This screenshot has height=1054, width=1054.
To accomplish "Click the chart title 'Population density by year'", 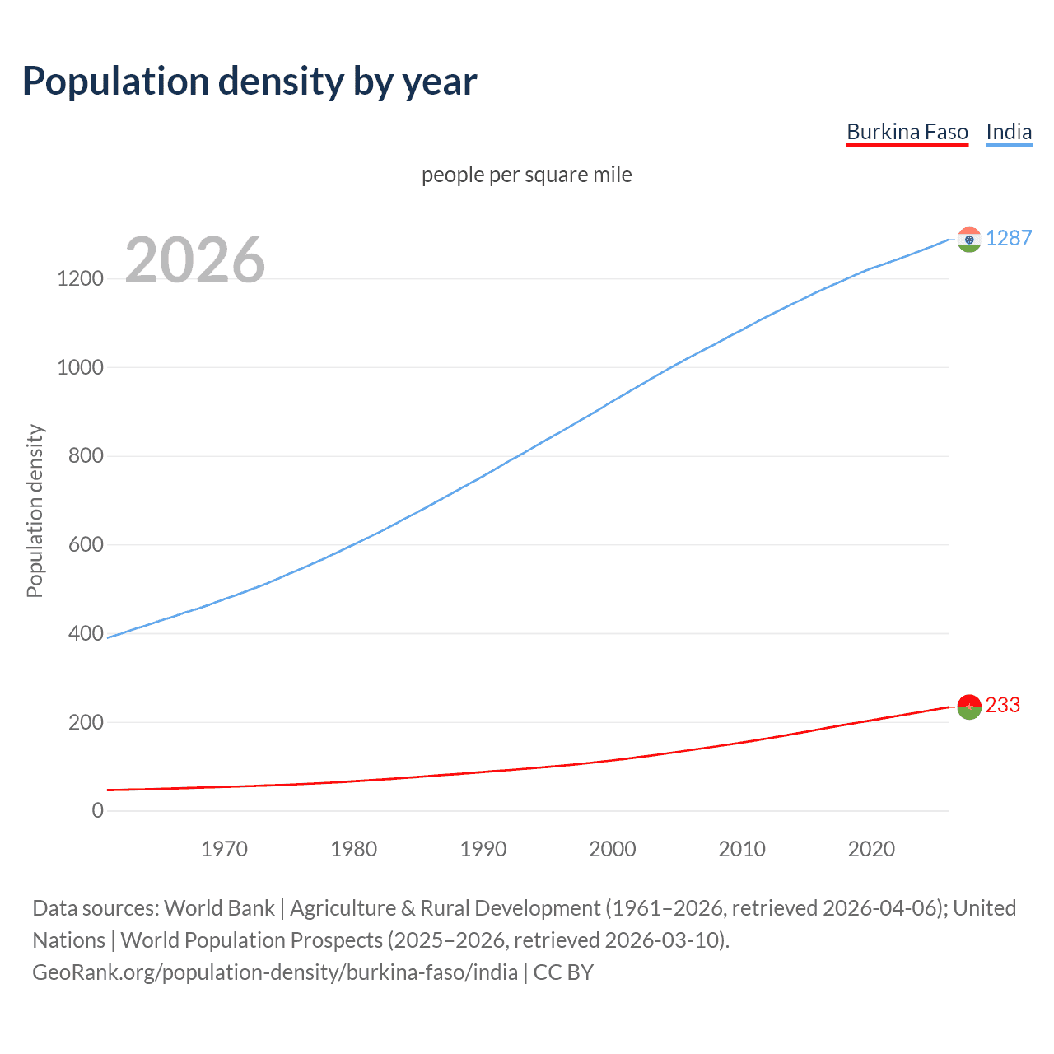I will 250,82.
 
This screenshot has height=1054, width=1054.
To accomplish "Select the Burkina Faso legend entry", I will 907,132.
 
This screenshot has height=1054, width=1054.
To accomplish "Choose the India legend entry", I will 1008,132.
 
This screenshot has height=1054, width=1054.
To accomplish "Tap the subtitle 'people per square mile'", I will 526,175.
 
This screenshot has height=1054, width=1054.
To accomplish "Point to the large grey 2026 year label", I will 195,260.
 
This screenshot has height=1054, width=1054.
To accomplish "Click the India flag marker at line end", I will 969,240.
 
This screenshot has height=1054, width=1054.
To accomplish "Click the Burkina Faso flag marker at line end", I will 969,706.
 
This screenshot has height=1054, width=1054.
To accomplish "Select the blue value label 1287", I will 1008,238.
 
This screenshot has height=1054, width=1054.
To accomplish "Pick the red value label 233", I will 1002,705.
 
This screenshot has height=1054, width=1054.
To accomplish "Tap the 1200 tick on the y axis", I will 80,278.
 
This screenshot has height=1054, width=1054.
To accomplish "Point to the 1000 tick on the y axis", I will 80,367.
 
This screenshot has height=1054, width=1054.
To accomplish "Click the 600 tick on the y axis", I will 86,544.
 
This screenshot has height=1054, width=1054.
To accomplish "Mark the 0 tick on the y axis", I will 98,810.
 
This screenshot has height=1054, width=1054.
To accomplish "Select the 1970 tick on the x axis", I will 224,849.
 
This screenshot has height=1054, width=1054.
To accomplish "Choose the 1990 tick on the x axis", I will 483,849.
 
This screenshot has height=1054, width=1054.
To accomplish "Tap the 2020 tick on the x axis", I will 871,849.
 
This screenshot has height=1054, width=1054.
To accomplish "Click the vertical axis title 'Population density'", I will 35,511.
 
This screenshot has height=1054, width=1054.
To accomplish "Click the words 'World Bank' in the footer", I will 219,907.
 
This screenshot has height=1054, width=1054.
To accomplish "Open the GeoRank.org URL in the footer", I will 275,972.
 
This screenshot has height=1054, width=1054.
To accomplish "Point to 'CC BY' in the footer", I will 563,972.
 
